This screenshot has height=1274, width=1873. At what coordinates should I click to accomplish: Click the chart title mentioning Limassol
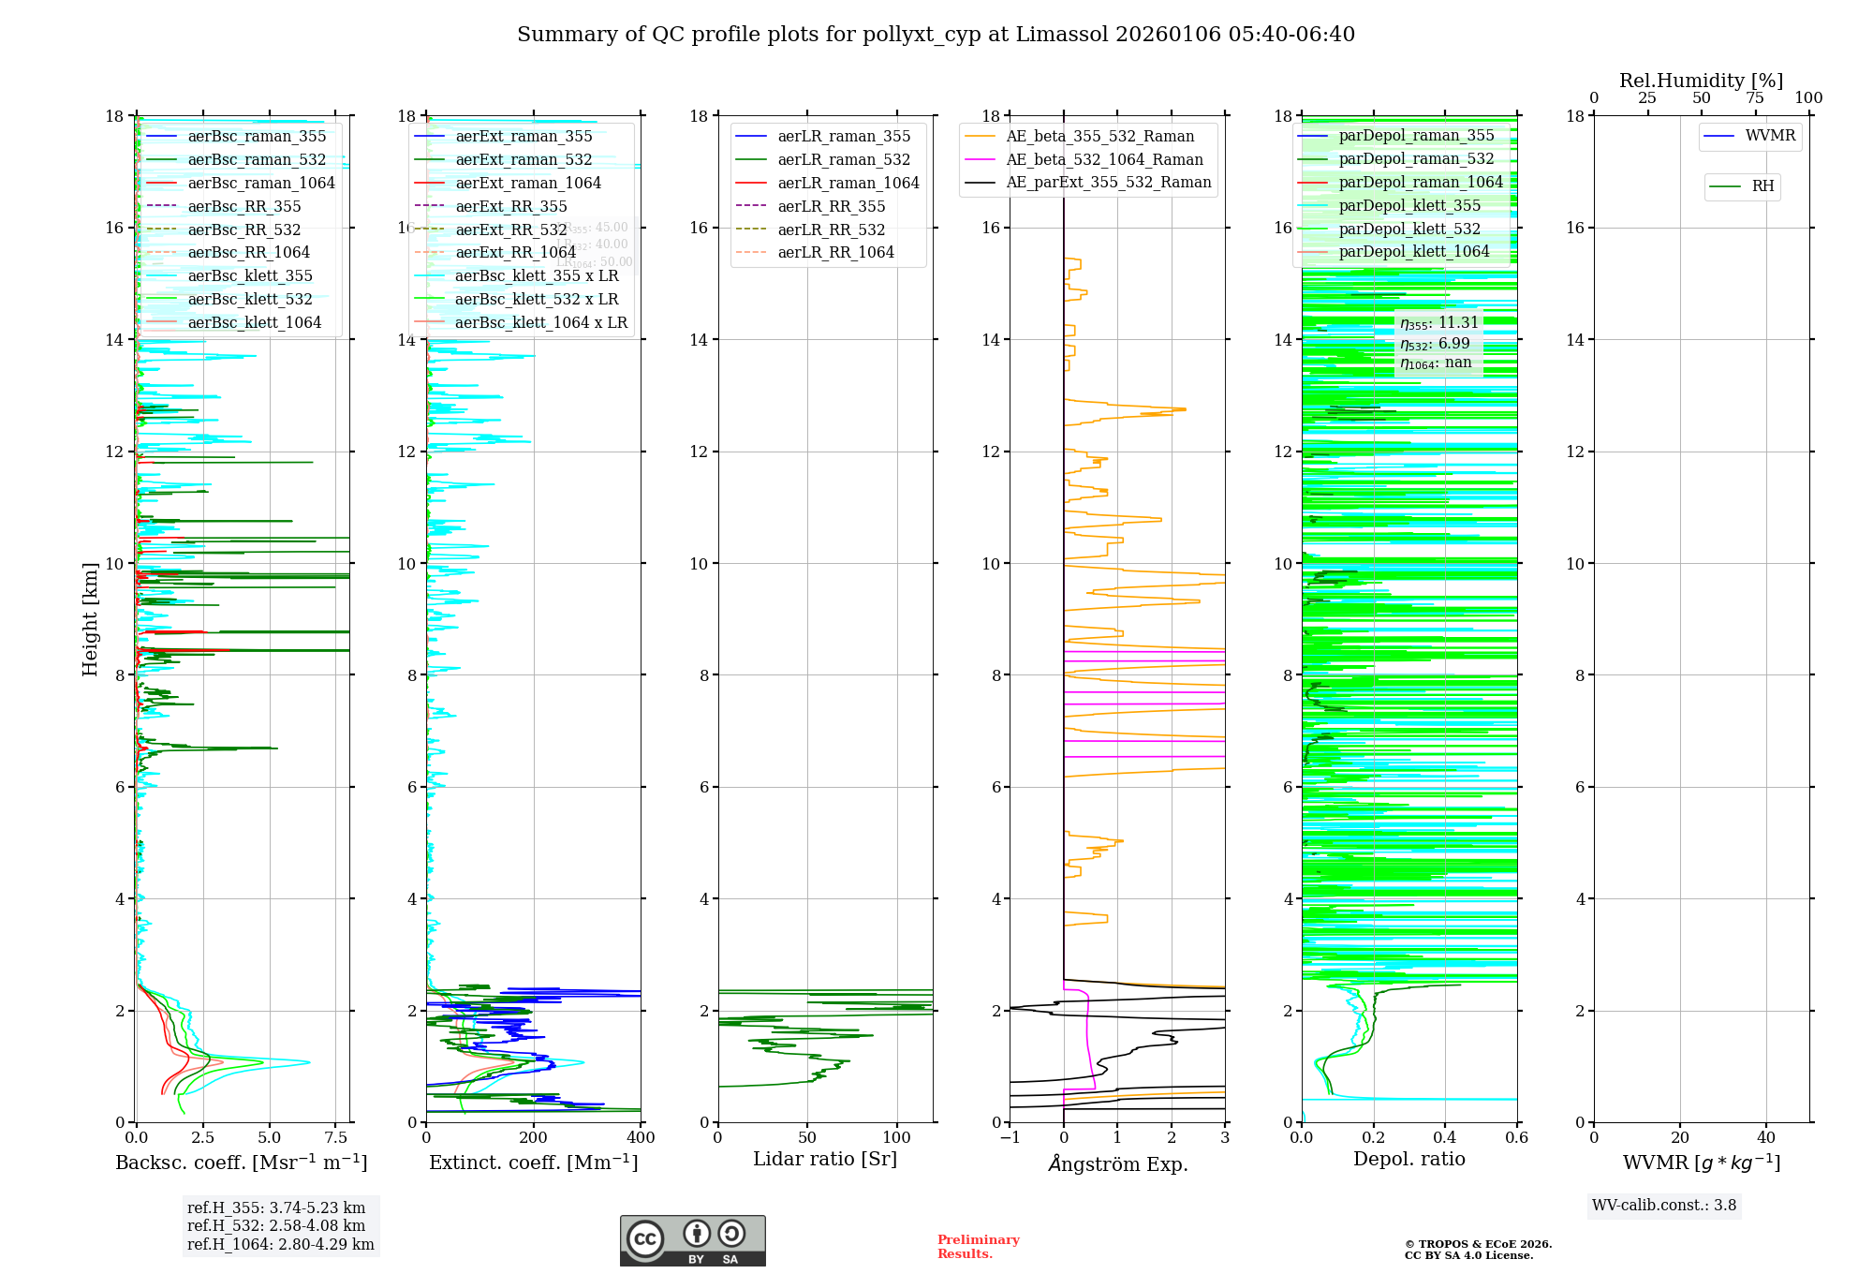tap(936, 35)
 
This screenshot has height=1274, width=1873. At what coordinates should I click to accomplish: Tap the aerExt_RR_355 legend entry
tap(510, 206)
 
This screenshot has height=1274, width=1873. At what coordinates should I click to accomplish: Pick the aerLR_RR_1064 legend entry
tap(835, 252)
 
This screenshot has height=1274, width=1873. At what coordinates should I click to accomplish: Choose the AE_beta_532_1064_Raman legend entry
tap(1104, 159)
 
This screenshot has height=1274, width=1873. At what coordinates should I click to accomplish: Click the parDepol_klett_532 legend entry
tap(1409, 229)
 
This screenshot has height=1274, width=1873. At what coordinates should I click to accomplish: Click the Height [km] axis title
tap(90, 618)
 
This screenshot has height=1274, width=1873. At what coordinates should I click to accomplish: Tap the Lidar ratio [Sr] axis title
tap(825, 1159)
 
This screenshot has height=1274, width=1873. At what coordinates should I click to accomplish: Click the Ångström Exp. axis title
tap(1117, 1163)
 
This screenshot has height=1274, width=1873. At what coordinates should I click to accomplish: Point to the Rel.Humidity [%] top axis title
tap(1701, 81)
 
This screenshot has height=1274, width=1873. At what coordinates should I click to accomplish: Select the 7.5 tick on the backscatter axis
tap(336, 1138)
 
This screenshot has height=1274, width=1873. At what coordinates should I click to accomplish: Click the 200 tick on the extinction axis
tap(534, 1138)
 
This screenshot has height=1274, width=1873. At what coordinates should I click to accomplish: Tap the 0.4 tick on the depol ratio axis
tap(1445, 1138)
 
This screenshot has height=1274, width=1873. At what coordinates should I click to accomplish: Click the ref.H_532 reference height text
tap(276, 1225)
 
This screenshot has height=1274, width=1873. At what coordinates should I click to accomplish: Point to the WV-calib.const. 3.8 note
tap(1664, 1205)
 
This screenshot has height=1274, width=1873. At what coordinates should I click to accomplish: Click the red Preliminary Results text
tap(978, 1247)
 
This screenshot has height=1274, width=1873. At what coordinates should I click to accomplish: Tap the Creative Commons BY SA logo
tap(692, 1241)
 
